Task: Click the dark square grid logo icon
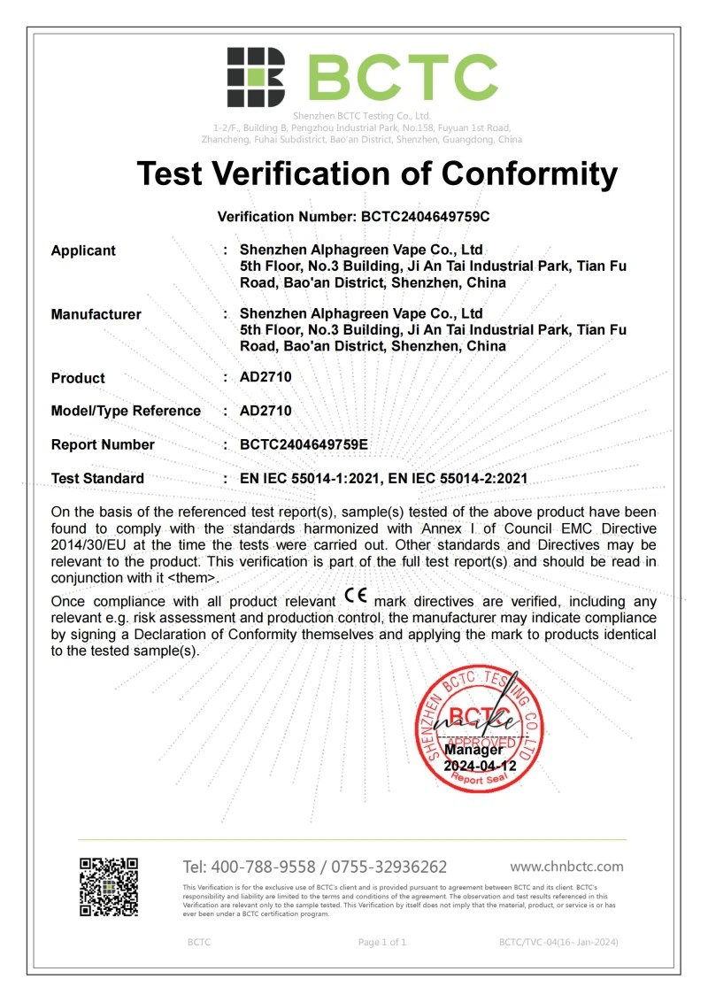pyautogui.click(x=255, y=79)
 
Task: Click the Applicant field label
pyautogui.click(x=83, y=250)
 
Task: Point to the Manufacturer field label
pyautogui.click(x=96, y=314)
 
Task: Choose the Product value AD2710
pyautogui.click(x=265, y=377)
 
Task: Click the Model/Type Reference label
pyautogui.click(x=126, y=411)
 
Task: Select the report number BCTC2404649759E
pyautogui.click(x=304, y=444)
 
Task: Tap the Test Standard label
pyautogui.click(x=97, y=478)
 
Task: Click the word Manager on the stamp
pyautogui.click(x=481, y=750)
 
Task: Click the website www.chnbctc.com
pyautogui.click(x=566, y=867)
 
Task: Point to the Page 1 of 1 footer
pyautogui.click(x=382, y=943)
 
